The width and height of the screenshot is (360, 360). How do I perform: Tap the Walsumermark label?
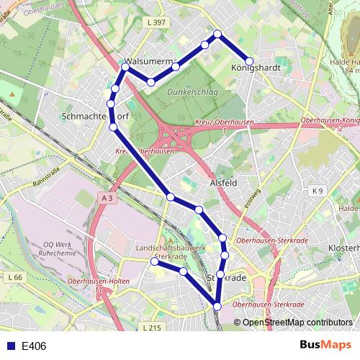click(149, 62)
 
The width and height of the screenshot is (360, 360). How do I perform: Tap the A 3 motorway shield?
click(107, 197)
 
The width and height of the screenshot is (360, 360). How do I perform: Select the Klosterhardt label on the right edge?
click(344, 248)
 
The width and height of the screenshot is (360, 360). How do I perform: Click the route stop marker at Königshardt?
click(249, 61)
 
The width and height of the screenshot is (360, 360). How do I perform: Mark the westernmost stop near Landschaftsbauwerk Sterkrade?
click(154, 262)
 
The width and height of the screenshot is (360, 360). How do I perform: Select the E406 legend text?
click(34, 346)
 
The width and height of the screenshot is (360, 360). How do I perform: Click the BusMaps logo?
click(325, 346)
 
